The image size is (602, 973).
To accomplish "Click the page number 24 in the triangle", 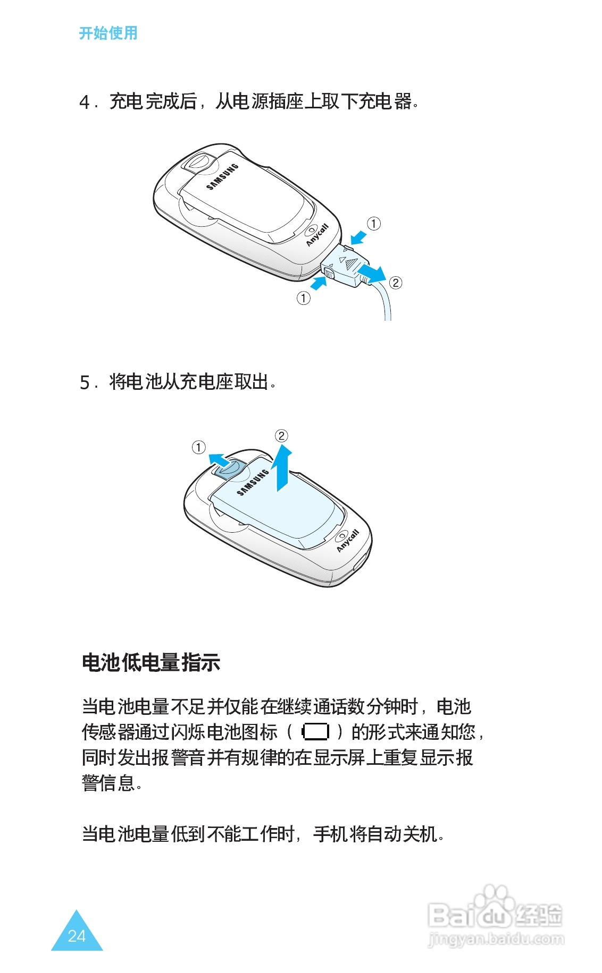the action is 77,936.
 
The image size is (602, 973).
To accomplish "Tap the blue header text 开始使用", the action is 108,33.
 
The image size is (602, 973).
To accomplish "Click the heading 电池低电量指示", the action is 151,662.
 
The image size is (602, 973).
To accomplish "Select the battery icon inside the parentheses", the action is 315,732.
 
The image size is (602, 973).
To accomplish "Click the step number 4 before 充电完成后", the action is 85,102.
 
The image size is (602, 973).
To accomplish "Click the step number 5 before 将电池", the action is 85,382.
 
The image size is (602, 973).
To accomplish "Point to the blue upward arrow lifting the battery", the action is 282,468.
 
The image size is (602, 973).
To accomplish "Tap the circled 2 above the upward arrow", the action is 281,436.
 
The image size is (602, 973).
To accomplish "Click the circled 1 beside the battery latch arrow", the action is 198,447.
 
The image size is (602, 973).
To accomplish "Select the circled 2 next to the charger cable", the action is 396,283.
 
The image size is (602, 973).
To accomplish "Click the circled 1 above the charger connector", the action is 374,224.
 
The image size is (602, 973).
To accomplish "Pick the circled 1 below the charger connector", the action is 303,298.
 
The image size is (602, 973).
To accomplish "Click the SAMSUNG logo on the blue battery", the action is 253,482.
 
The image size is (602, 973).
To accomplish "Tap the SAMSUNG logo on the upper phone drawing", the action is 222,176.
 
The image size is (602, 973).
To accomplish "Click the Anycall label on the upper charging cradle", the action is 317,235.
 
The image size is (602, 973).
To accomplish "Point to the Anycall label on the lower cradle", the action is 348,541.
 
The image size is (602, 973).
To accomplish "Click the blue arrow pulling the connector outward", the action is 371,274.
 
